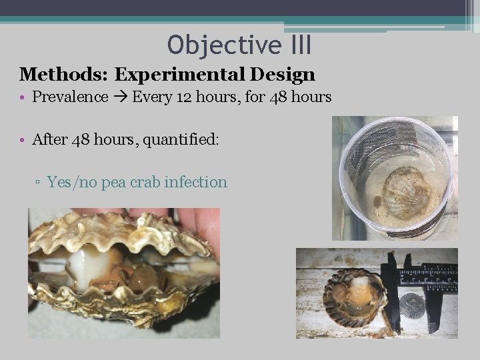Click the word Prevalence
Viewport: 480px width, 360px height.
point(70,97)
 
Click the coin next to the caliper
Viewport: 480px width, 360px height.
point(411,306)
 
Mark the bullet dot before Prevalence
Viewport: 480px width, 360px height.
point(23,98)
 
